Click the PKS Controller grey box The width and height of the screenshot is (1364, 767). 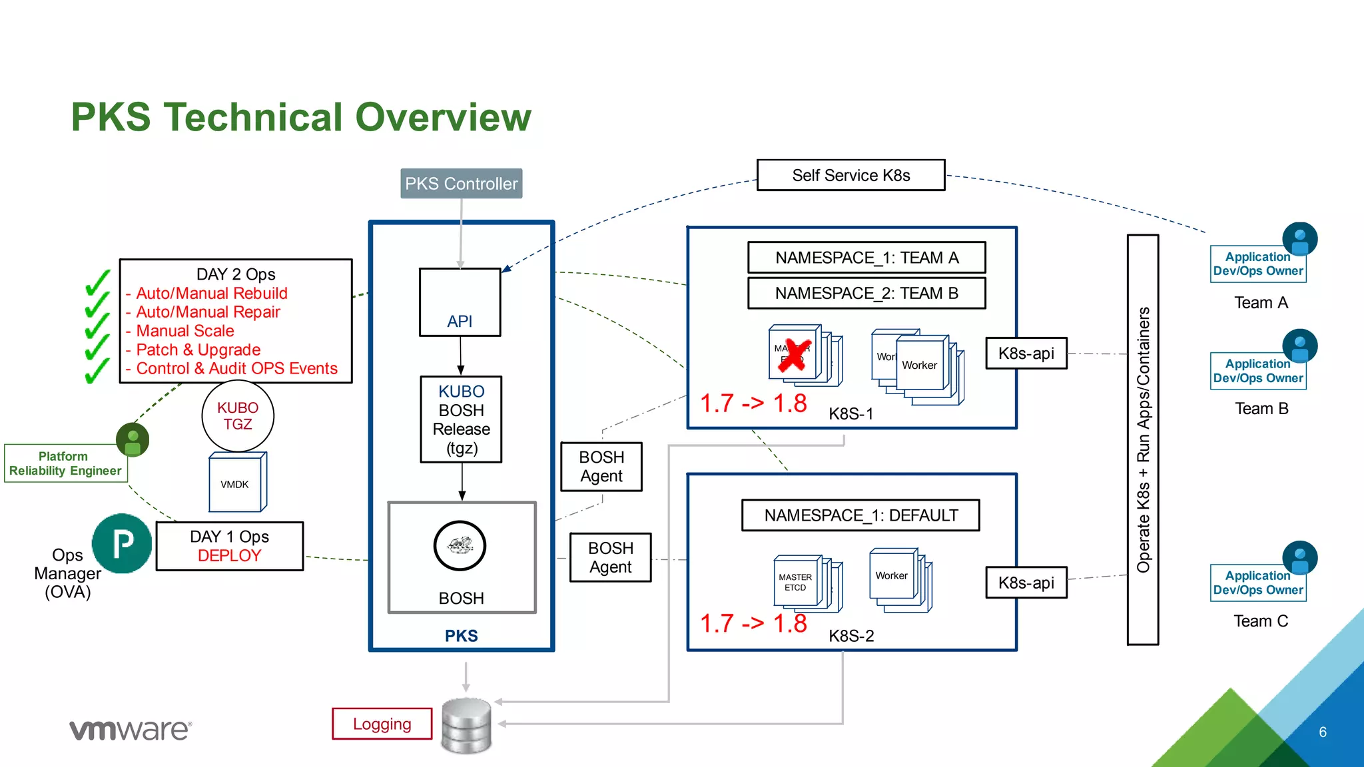click(x=461, y=184)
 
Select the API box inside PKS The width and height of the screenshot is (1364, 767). click(x=460, y=302)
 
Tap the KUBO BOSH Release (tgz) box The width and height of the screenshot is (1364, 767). click(x=461, y=419)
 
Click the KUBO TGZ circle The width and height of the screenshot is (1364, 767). click(x=238, y=416)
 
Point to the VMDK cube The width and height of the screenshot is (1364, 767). click(x=236, y=483)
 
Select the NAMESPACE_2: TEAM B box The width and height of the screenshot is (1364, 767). click(x=866, y=294)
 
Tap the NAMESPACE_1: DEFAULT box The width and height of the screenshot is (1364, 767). click(x=860, y=515)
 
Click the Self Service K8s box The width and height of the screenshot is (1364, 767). click(x=851, y=175)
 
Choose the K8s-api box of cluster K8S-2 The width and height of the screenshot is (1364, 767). click(x=1026, y=583)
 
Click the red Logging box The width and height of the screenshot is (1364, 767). click(x=382, y=724)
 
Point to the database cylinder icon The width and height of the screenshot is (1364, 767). click(x=466, y=726)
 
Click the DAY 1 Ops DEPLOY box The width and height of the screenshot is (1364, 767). click(x=229, y=546)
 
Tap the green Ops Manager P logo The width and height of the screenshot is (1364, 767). click(x=122, y=544)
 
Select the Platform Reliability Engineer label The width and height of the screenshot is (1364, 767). click(x=65, y=463)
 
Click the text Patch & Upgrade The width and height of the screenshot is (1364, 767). click(x=198, y=350)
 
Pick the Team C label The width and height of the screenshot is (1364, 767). click(x=1260, y=621)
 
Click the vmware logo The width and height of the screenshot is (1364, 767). click(x=131, y=730)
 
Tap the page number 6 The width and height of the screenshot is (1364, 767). click(x=1322, y=732)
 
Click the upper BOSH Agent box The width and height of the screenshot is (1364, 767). click(x=601, y=467)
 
